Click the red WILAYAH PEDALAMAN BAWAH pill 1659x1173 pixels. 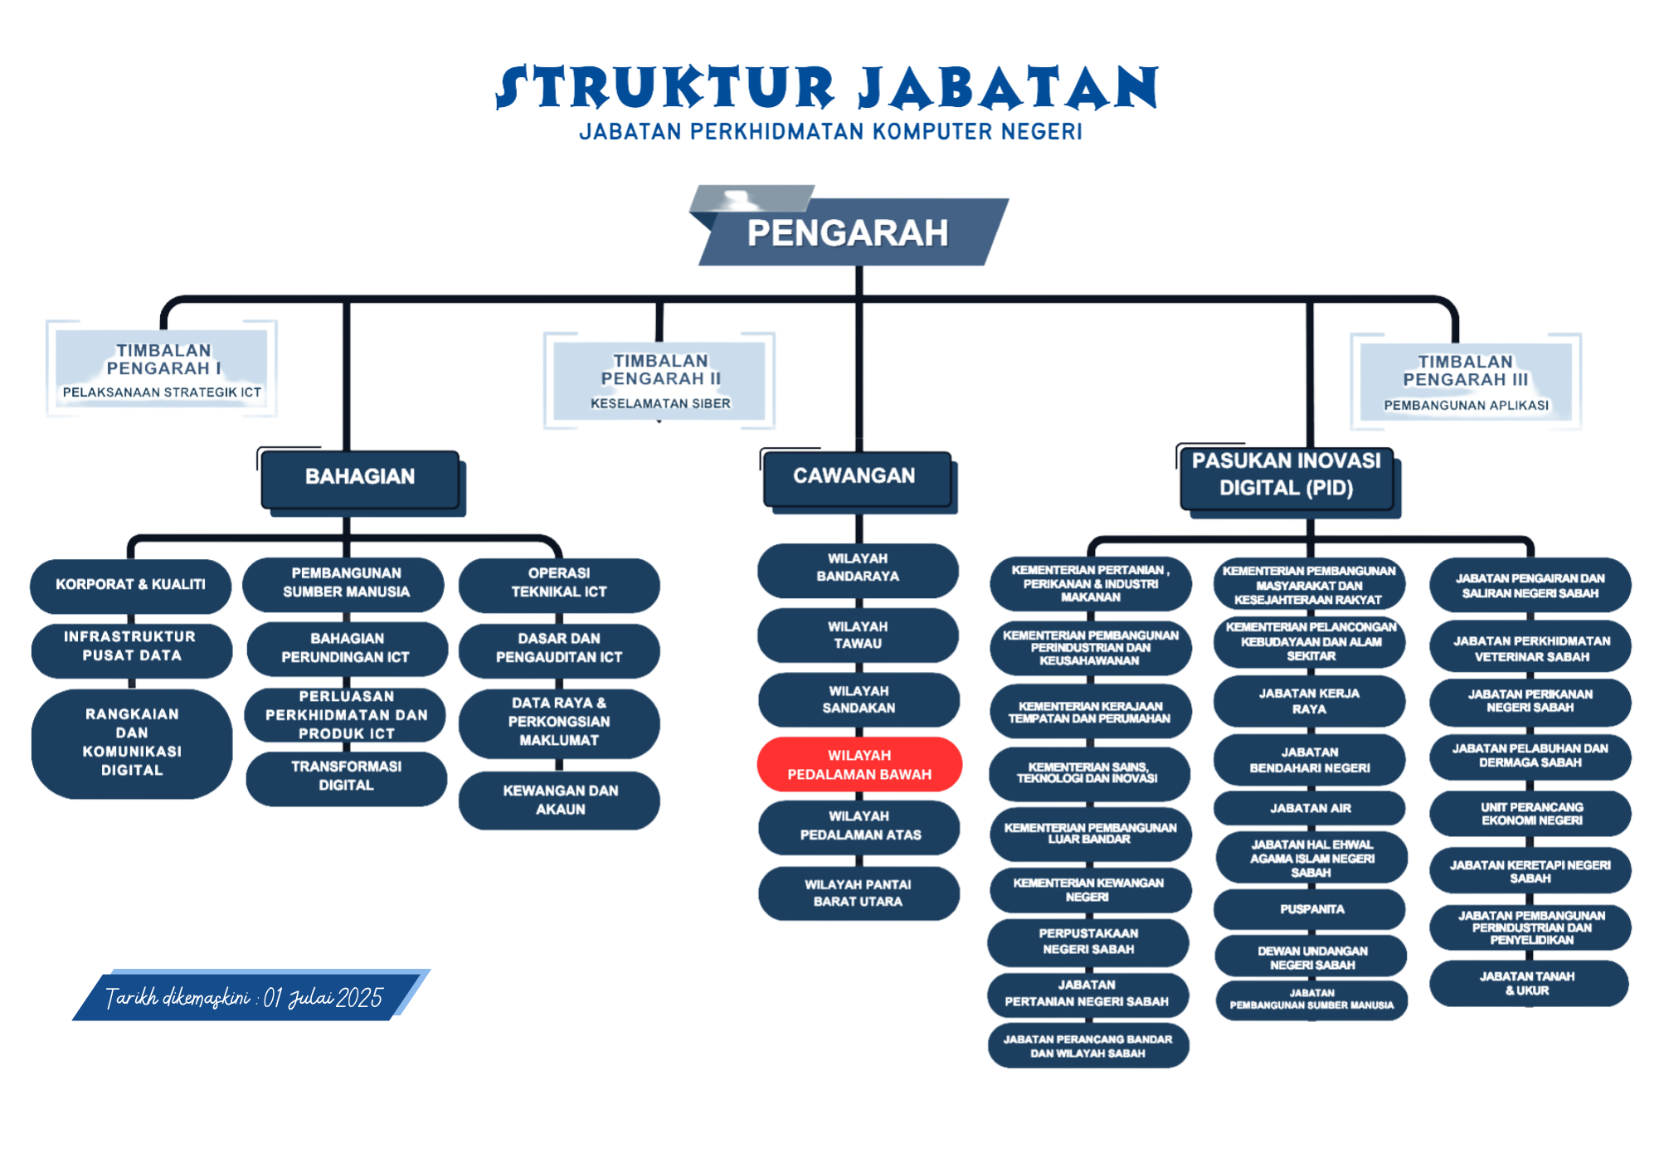tap(859, 764)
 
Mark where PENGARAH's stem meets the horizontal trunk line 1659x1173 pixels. tap(859, 299)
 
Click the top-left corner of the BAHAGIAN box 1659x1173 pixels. tap(262, 452)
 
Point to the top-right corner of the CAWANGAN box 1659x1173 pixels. tap(951, 453)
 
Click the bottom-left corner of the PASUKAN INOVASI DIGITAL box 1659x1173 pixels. tap(1181, 509)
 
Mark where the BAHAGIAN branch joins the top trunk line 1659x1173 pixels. tap(347, 299)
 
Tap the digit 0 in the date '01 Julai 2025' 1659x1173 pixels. tap(270, 998)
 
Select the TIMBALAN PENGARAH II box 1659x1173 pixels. tap(659, 381)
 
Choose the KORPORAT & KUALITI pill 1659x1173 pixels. tap(131, 585)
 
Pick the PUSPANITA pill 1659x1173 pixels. tap(1311, 909)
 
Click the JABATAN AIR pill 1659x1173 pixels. tap(1311, 808)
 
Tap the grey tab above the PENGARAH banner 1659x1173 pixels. tap(752, 198)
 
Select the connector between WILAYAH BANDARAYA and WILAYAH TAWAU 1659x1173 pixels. tap(859, 603)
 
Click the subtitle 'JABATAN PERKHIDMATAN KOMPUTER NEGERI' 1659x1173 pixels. tap(830, 132)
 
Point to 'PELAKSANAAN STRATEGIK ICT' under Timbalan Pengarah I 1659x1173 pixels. tap(162, 392)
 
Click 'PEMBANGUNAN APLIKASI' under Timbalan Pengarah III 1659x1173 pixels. tap(1466, 406)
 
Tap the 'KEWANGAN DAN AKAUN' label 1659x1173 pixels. tap(560, 800)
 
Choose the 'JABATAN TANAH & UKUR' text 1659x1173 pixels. tap(1527, 984)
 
